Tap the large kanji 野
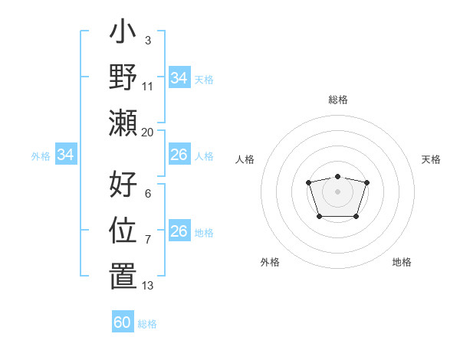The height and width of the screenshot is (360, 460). (x=123, y=77)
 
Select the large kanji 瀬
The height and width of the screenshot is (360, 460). (x=123, y=122)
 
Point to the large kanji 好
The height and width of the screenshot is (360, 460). (x=123, y=185)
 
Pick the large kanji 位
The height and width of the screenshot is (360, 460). (x=123, y=229)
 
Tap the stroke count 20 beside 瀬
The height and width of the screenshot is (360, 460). (x=147, y=132)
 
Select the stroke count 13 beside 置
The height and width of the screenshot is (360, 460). (x=147, y=285)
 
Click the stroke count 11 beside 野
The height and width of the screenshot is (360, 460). (x=147, y=86)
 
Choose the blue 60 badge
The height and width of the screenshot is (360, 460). (x=123, y=322)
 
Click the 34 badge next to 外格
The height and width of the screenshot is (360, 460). (x=66, y=155)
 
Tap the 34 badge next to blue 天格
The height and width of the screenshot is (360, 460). (x=179, y=78)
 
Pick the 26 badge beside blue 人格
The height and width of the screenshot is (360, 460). (x=179, y=155)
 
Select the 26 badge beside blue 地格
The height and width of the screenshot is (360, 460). (x=179, y=231)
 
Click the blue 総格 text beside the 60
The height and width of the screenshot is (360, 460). (x=147, y=324)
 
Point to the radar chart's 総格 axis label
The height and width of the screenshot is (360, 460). (x=337, y=100)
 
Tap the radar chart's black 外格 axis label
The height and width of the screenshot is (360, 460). (x=270, y=262)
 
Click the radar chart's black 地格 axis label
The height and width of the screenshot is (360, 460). (x=402, y=262)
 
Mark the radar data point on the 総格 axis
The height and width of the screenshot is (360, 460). (x=337, y=177)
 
